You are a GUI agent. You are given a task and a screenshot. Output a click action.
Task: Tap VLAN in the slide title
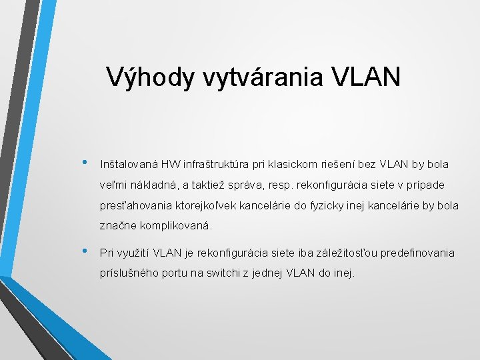pyautogui.click(x=366, y=78)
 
